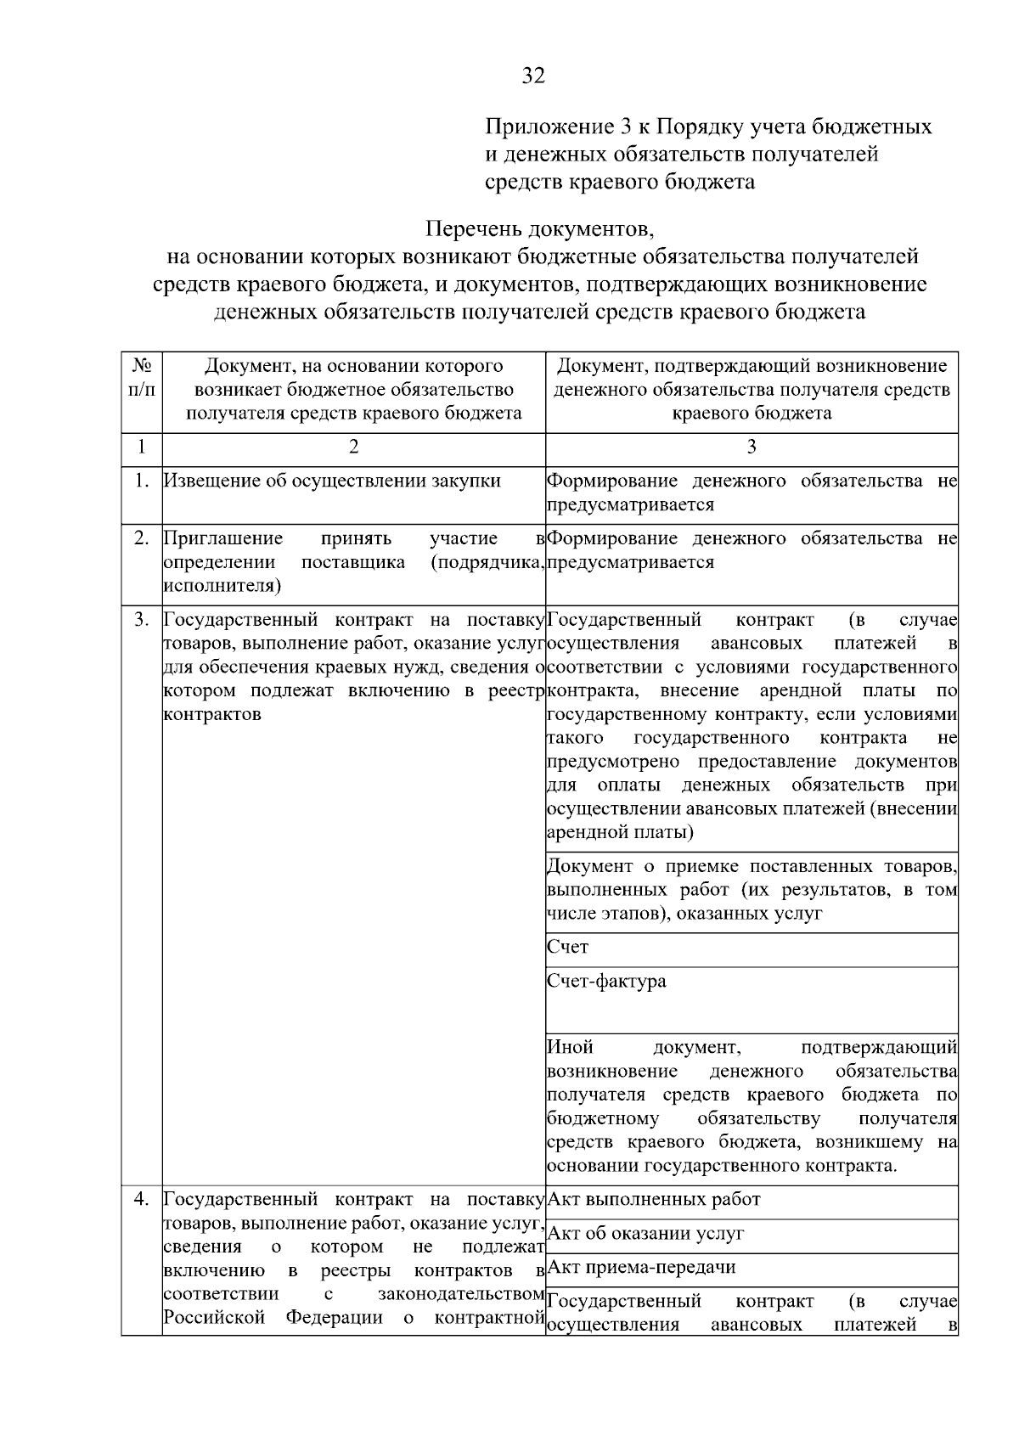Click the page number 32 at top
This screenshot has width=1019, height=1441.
click(532, 76)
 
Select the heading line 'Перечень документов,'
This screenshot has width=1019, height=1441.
click(539, 229)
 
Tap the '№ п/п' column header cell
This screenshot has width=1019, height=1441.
click(142, 379)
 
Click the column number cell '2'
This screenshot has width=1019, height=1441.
click(353, 447)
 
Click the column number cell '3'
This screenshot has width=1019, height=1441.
click(751, 447)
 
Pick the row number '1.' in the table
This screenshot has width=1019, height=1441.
click(142, 481)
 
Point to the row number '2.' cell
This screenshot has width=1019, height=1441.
click(142, 538)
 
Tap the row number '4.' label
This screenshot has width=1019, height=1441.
click(142, 1199)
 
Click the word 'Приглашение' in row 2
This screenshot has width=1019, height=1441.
click(222, 538)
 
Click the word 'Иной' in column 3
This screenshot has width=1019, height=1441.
click(571, 1047)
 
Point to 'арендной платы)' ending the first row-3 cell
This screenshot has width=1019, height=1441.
click(620, 832)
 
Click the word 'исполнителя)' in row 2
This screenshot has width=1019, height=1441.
click(222, 585)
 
